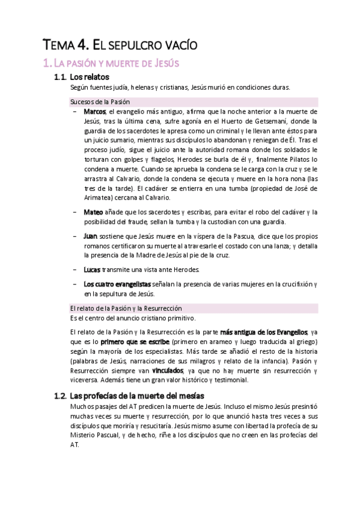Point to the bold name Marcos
click(95, 112)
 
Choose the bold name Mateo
click(94, 212)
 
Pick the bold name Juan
click(91, 236)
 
